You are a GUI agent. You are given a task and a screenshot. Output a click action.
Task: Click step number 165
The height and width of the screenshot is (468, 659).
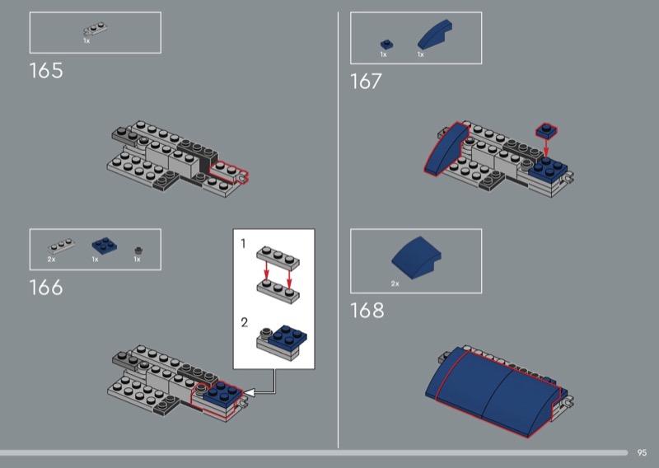coord(46,71)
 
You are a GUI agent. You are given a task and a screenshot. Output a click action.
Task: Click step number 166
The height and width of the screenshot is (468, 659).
coord(46,288)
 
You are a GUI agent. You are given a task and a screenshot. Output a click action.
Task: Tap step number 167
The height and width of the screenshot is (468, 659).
coord(366,81)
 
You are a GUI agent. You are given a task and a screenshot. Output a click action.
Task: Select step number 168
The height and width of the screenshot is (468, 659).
coord(367,311)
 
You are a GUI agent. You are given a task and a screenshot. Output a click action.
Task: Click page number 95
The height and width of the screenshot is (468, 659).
coord(642,453)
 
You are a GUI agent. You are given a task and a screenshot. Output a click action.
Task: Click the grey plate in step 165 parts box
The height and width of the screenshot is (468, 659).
coord(96,29)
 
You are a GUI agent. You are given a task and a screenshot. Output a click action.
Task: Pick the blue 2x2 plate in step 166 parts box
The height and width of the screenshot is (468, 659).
coord(105,246)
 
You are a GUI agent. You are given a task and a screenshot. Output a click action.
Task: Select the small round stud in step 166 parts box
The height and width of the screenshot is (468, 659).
coord(138,250)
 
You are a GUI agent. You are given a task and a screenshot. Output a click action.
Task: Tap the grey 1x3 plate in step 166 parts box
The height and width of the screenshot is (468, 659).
coord(61,246)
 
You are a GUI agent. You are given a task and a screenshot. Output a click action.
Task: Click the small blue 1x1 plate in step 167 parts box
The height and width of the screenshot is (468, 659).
coord(386,44)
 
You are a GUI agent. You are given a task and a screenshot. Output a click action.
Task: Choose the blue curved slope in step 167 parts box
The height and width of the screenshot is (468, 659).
coord(435,35)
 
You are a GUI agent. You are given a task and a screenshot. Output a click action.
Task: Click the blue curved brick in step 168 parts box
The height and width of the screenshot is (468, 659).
coord(416,257)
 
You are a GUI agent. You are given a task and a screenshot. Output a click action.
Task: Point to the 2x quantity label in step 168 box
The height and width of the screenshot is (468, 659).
coord(395,283)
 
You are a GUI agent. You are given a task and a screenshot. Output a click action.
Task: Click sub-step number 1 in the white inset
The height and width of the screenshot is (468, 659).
coord(243,243)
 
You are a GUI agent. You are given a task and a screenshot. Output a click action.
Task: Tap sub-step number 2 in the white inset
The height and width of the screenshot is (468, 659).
coord(244,322)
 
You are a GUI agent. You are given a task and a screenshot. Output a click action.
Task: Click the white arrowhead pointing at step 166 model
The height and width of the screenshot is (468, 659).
coord(249,393)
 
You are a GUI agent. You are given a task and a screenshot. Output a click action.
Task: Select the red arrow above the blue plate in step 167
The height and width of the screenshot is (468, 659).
coord(546,147)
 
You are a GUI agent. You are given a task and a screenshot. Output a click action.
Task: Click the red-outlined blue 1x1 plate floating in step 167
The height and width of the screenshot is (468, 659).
coord(546,130)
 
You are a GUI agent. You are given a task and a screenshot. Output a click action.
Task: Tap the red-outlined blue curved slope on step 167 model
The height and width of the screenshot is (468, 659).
coord(446,148)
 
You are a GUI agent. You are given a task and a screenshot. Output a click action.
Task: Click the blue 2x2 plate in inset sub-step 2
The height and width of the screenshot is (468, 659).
coord(287,336)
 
